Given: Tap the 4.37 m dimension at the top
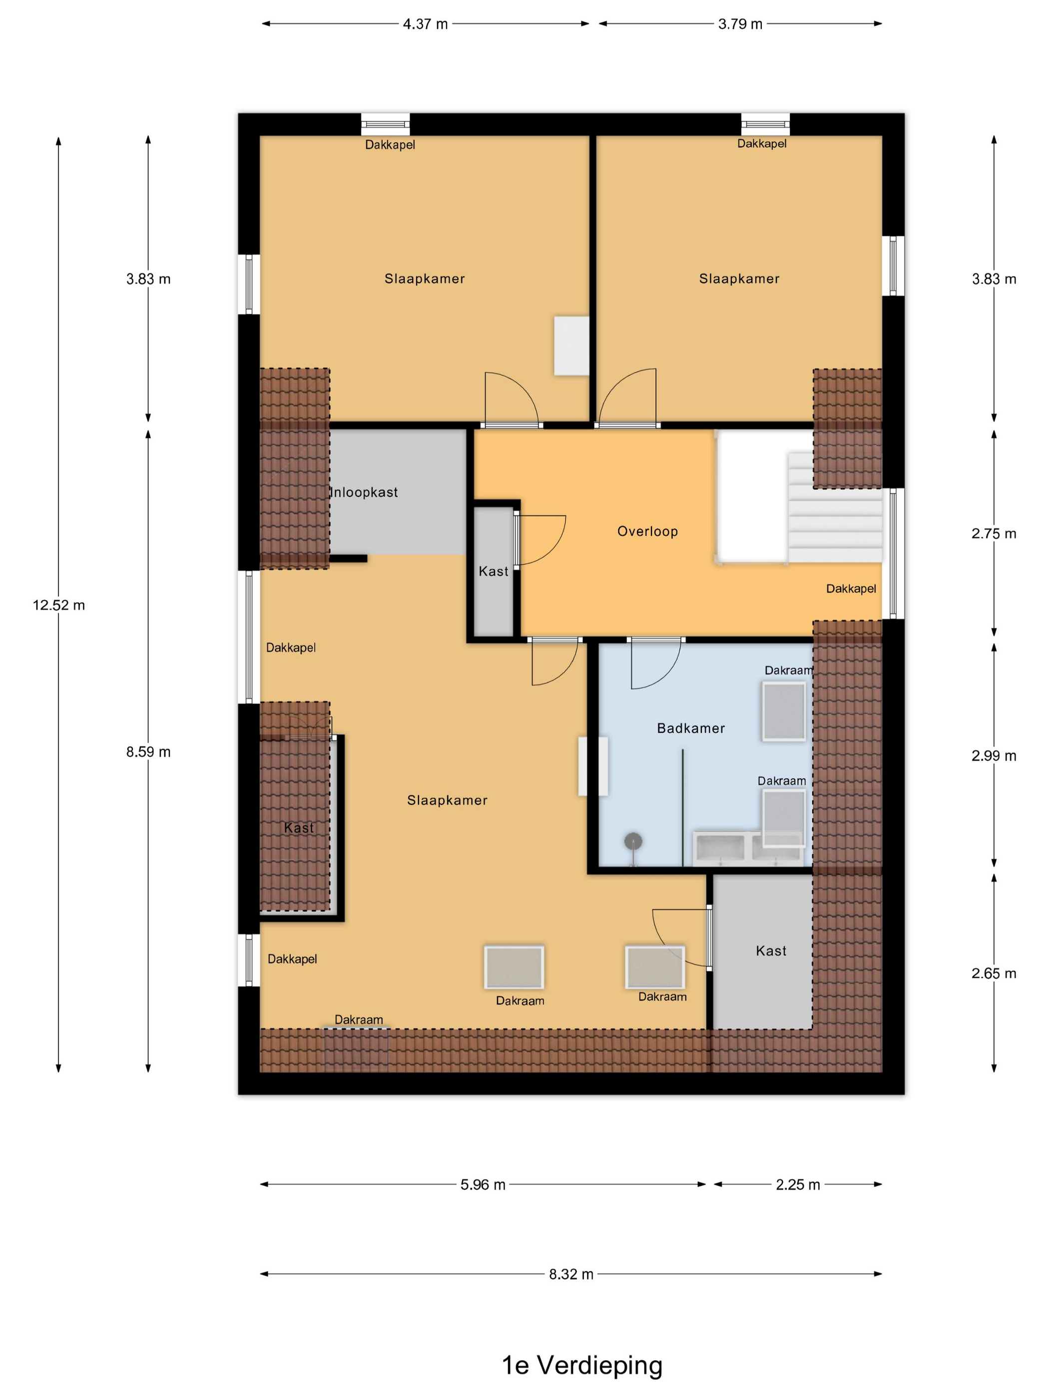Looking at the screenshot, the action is tap(425, 24).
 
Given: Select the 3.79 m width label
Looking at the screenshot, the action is tap(740, 24).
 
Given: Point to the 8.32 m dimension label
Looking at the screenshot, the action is tap(571, 1274).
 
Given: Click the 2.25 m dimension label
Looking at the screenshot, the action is tap(797, 1184).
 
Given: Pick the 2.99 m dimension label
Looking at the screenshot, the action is tap(994, 756).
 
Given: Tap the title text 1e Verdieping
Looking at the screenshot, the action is tap(582, 1365).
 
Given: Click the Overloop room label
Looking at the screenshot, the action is tap(647, 532).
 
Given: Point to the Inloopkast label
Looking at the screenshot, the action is tap(364, 492).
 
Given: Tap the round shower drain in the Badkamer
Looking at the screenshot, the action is tap(633, 841).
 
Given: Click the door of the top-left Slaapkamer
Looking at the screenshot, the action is tap(511, 398).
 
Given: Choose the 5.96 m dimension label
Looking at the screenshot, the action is tap(483, 1184).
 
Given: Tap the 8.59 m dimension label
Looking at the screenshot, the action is tap(148, 751).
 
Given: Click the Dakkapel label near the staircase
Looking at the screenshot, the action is tap(851, 588).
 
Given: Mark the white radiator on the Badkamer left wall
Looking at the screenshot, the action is tap(593, 766).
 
